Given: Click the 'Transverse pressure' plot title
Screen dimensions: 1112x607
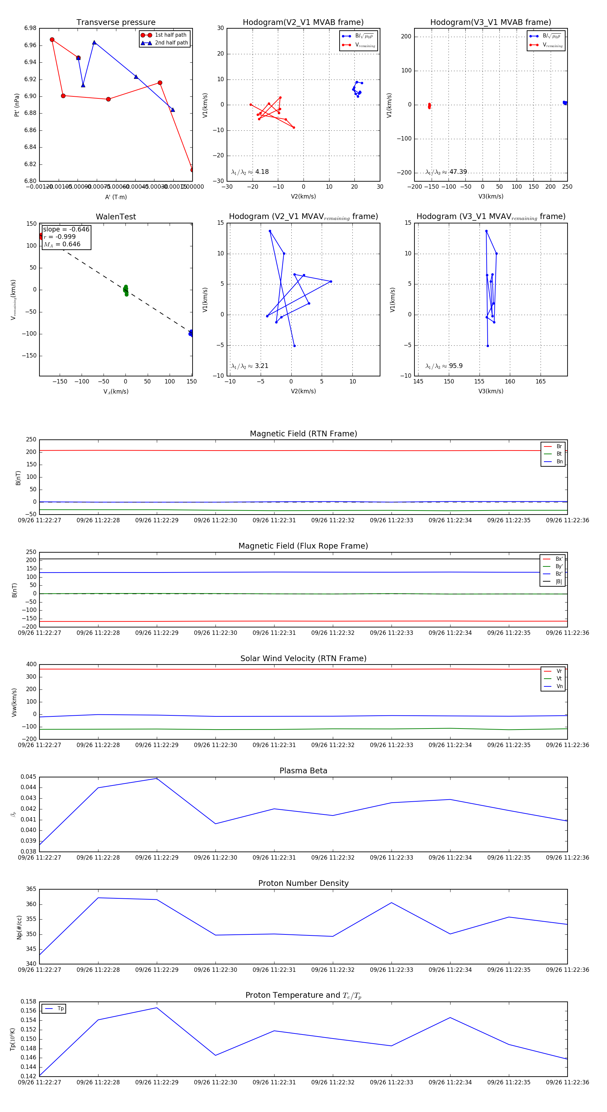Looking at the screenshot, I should coord(116,23).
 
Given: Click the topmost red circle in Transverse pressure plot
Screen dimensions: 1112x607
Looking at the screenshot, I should coord(52,40).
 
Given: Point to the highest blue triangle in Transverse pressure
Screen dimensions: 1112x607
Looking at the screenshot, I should coord(94,42).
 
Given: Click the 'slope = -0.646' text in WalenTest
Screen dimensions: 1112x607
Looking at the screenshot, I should coord(66,229).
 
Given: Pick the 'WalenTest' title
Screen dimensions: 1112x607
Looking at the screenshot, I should coord(116,217).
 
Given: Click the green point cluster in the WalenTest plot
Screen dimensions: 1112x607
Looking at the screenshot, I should coord(126,290).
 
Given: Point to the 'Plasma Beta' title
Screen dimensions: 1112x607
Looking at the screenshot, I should coord(303,771).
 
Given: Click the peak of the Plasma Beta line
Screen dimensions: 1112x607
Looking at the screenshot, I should coord(156,778).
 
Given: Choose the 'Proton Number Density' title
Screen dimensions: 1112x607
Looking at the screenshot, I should coord(303,883).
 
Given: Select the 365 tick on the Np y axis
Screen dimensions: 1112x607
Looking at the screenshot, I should coord(31,889).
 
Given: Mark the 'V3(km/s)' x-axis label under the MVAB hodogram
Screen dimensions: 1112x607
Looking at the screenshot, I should coord(490,196).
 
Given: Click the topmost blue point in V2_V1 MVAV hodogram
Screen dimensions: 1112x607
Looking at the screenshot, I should coord(270,231).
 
